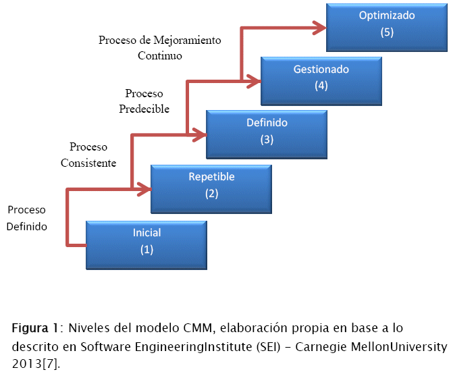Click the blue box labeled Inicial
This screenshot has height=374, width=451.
point(147,241)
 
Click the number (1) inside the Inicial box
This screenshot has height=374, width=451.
point(147,249)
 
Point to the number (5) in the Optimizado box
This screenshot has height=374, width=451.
point(387,32)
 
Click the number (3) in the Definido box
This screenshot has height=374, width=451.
point(267,140)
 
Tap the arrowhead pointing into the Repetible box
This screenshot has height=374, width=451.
point(144,189)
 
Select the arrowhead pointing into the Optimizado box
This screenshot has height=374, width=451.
point(319,28)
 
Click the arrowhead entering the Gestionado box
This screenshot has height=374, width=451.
point(255,81)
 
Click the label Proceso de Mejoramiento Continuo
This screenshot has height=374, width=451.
point(160,48)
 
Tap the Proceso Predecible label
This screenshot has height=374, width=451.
point(144,101)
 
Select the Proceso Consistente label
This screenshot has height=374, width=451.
point(88,155)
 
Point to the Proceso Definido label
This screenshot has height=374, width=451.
point(27,218)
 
